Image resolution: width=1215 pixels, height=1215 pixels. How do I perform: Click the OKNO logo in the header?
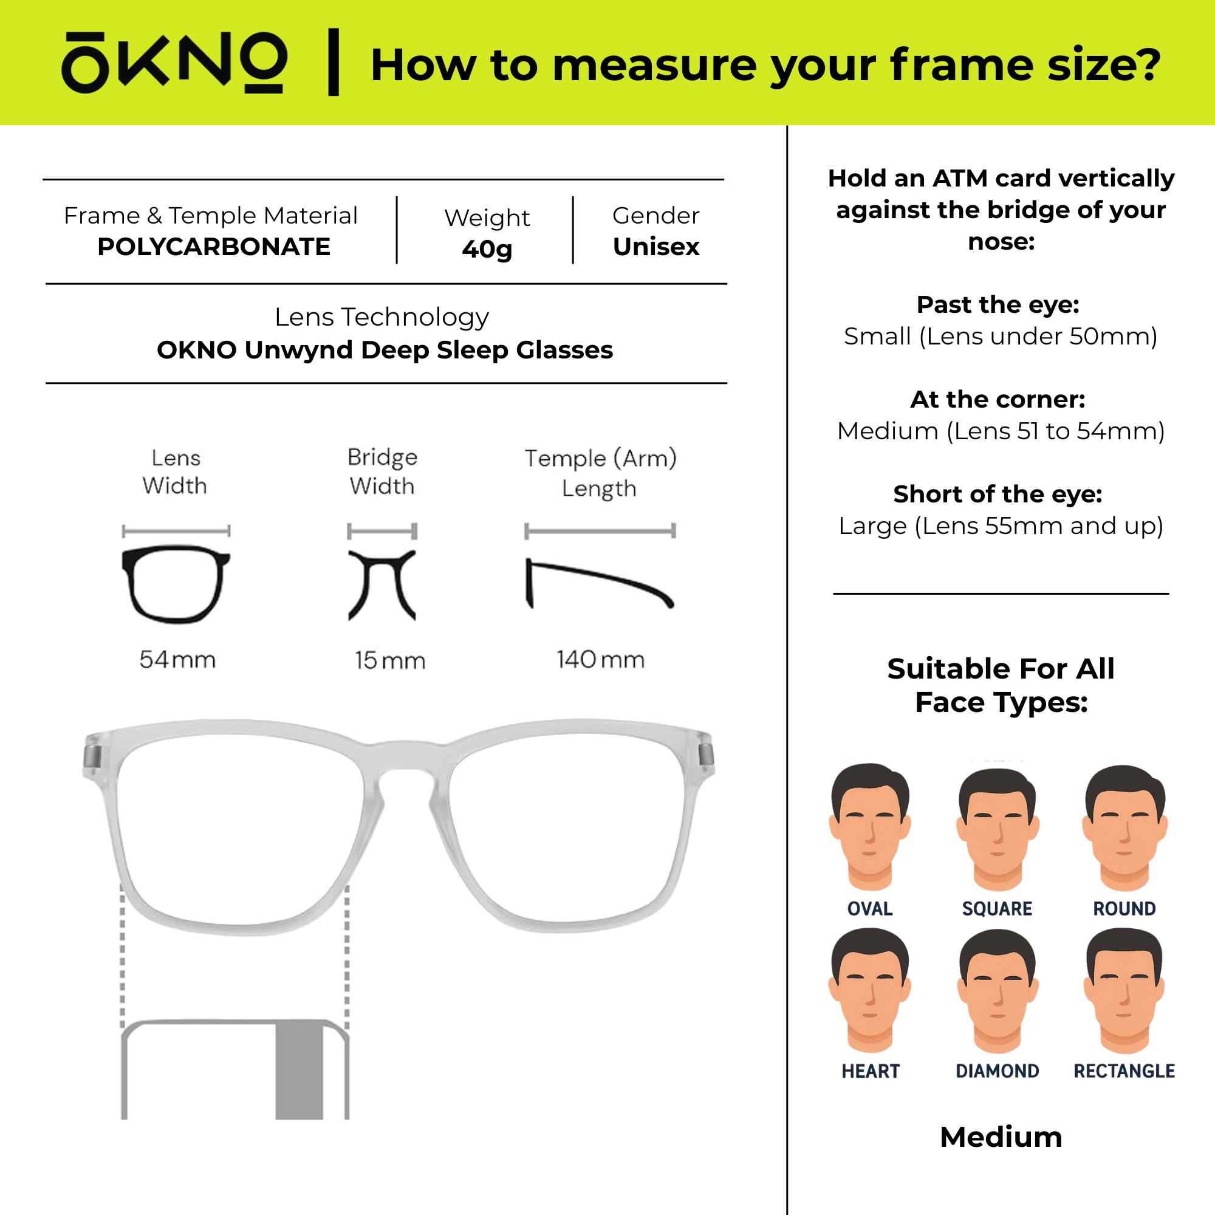coord(174,62)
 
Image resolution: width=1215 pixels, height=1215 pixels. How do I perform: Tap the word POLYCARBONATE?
coord(214,247)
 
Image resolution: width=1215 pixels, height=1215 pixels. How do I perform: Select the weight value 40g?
coord(487,249)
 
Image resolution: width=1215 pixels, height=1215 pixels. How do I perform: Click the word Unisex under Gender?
coord(656,247)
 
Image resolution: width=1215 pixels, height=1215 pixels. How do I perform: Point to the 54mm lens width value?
coord(177,660)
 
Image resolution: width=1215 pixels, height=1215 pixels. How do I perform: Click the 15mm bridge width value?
coord(390,660)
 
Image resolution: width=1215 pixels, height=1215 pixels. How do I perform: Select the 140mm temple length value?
coord(601,660)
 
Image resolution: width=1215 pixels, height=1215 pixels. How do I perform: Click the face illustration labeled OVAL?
coord(871,827)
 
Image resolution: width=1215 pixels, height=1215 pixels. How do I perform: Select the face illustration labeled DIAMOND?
coord(998,992)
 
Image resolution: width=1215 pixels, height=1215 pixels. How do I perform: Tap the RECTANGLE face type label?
coord(1124,1071)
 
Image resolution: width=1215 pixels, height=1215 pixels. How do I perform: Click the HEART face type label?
coord(871,1071)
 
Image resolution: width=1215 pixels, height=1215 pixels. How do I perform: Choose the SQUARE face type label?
coord(998,909)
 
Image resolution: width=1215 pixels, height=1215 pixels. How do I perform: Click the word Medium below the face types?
coord(1001,1137)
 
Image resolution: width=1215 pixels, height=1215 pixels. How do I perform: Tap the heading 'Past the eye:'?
coord(998,305)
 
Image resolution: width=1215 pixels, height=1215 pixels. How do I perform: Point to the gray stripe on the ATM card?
coord(299,1070)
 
